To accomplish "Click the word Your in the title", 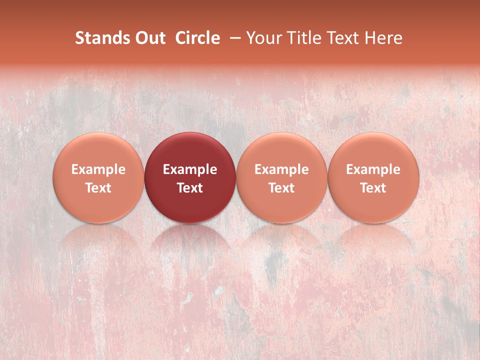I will pyautogui.click(x=263, y=38).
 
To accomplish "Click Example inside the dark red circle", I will pyautogui.click(x=190, y=169).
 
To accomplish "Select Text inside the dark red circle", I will pyautogui.click(x=190, y=188).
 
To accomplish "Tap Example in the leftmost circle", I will pyautogui.click(x=98, y=169).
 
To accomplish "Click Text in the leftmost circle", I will pyautogui.click(x=98, y=188).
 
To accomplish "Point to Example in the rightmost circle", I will pyautogui.click(x=373, y=169).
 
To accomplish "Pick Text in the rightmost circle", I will pyautogui.click(x=373, y=188).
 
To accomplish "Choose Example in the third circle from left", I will pyautogui.click(x=281, y=169).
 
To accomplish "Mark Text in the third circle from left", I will pyautogui.click(x=281, y=188).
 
